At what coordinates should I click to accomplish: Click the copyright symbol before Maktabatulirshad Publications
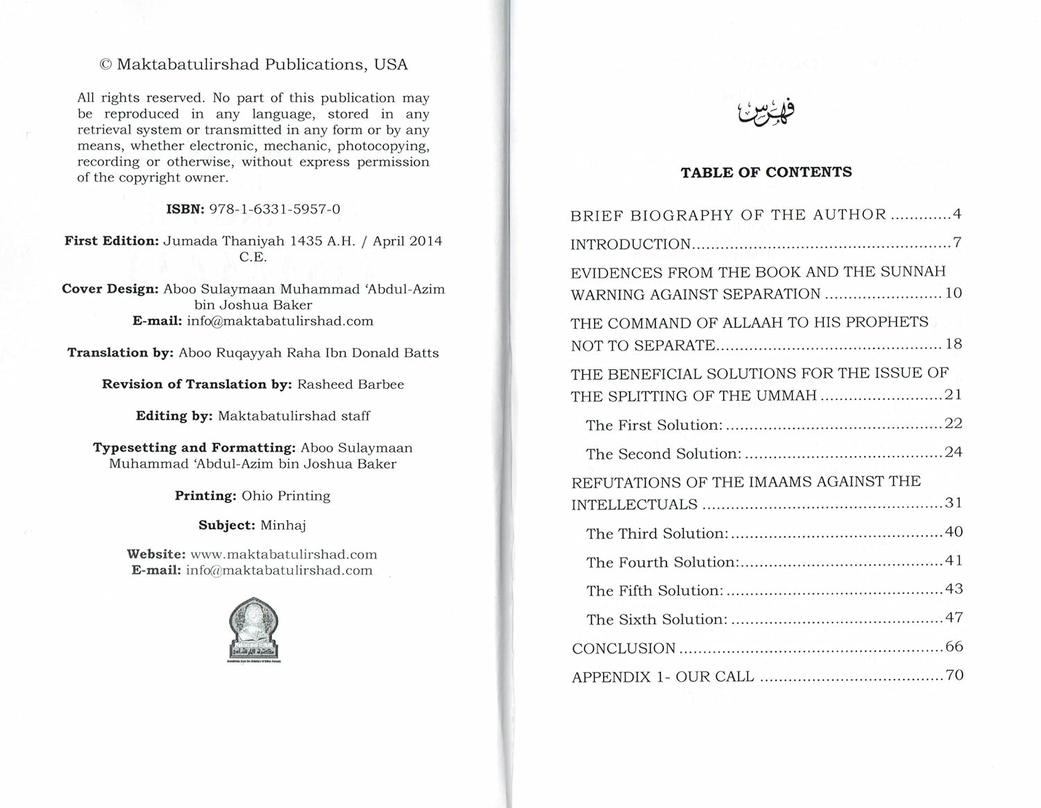(105, 65)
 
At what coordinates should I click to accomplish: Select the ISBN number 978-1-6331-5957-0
(275, 209)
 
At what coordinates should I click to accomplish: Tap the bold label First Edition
(112, 241)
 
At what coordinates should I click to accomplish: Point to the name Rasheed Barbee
(350, 384)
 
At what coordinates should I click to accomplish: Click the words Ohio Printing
(286, 496)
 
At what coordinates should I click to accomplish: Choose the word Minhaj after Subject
(283, 525)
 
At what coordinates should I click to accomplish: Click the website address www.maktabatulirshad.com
(284, 555)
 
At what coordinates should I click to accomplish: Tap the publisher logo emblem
(254, 628)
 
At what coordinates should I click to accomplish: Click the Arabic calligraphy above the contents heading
(766, 112)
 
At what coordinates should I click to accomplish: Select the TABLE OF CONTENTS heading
(766, 172)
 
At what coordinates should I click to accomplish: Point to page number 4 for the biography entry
(957, 214)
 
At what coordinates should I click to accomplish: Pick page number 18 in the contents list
(954, 344)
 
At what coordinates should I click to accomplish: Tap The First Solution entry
(654, 425)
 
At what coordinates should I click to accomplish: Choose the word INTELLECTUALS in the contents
(634, 505)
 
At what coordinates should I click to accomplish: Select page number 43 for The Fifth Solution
(954, 589)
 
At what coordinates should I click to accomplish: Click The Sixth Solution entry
(657, 619)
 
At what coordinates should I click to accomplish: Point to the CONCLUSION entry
(624, 648)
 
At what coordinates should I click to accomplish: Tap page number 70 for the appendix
(954, 675)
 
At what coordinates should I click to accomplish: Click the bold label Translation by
(120, 353)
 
